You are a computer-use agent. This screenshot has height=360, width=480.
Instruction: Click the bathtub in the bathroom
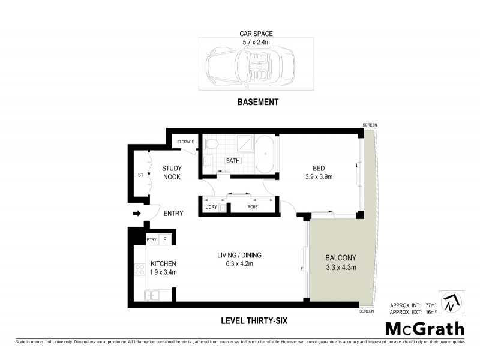(x=265, y=154)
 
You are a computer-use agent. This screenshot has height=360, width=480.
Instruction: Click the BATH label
(x=233, y=161)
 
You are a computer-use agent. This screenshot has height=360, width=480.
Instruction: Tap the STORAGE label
(x=185, y=142)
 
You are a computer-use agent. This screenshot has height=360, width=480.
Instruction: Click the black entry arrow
(x=137, y=213)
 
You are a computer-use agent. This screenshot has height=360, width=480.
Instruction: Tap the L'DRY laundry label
(x=211, y=208)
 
